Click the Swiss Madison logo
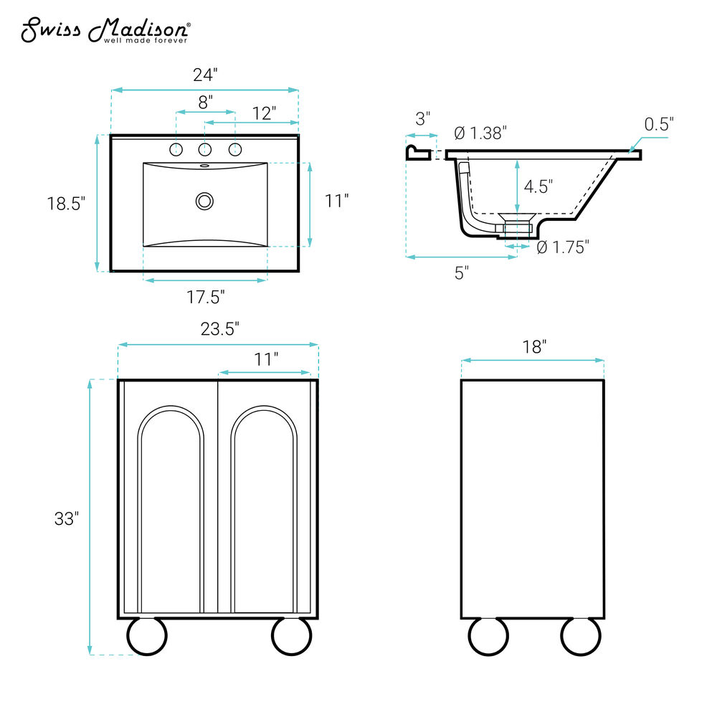[105, 31]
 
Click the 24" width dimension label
[205, 75]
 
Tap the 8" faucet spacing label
[205, 102]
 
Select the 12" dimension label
[264, 113]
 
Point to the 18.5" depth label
[66, 204]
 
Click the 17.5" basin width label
[205, 298]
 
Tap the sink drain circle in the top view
[204, 201]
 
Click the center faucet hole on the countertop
[205, 149]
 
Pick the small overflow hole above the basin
[204, 166]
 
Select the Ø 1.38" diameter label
[480, 133]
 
